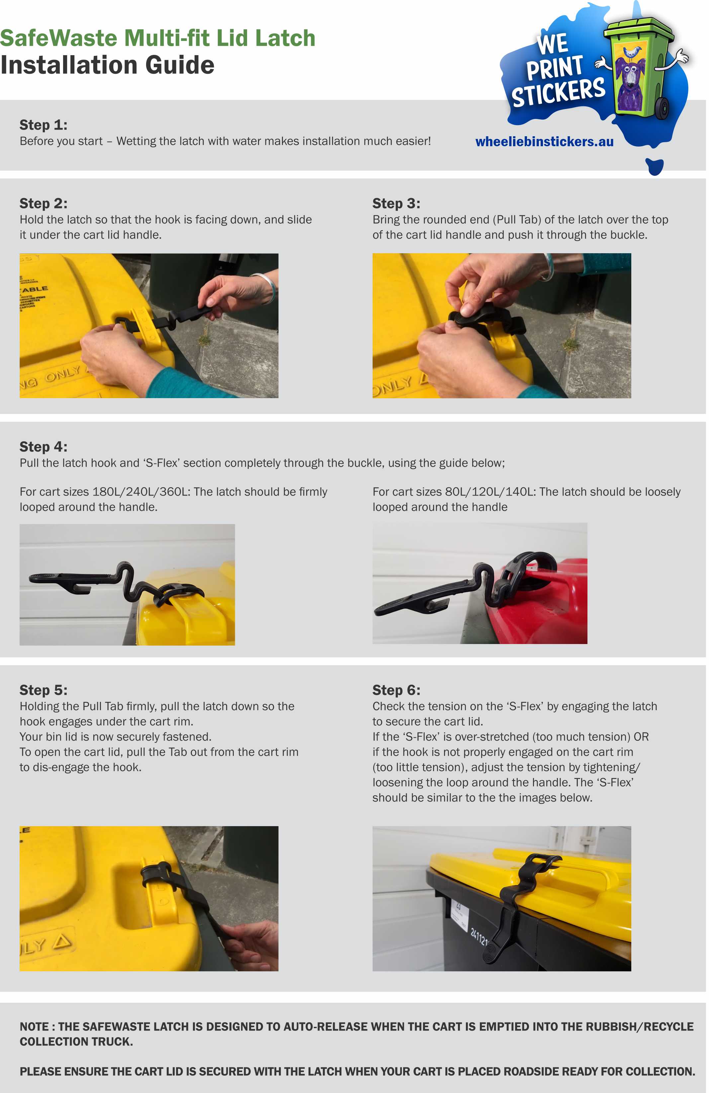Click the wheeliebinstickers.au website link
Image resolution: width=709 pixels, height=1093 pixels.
pyautogui.click(x=544, y=142)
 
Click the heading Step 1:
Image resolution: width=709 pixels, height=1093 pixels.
pyautogui.click(x=44, y=125)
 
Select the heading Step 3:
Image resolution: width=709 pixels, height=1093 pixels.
pyautogui.click(x=396, y=203)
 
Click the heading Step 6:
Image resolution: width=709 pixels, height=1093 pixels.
pyautogui.click(x=396, y=690)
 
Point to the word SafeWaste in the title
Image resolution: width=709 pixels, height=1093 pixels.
pyautogui.click(x=59, y=38)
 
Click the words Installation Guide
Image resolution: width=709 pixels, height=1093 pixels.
pyautogui.click(x=107, y=65)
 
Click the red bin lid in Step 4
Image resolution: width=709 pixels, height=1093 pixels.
pyautogui.click(x=551, y=597)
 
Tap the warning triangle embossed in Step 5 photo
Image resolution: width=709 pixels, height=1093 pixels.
pyautogui.click(x=62, y=942)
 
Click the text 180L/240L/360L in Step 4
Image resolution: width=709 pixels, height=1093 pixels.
pyautogui.click(x=141, y=492)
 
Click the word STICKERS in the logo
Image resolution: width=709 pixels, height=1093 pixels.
pyautogui.click(x=559, y=92)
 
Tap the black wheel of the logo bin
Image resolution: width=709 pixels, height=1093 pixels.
pyautogui.click(x=662, y=108)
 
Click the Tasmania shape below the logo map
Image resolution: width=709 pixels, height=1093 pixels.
pyautogui.click(x=655, y=166)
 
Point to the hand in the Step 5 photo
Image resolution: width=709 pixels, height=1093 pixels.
pyautogui.click(x=252, y=946)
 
